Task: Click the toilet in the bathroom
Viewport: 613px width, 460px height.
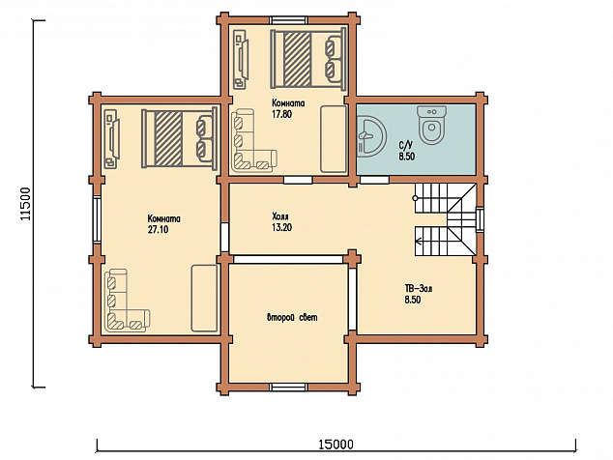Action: click(431, 125)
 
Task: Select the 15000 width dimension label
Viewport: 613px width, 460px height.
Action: click(336, 445)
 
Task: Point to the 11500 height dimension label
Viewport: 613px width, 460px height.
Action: click(25, 203)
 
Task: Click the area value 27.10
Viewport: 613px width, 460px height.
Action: click(158, 229)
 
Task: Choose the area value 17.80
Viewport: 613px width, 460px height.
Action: click(282, 114)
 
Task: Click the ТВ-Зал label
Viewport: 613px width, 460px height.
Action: click(419, 289)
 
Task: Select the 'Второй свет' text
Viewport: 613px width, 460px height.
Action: click(292, 317)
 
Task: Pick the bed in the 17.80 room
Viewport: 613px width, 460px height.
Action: click(308, 59)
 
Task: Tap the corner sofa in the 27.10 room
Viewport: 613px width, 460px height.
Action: click(128, 301)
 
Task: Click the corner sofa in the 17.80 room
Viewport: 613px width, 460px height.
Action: click(254, 140)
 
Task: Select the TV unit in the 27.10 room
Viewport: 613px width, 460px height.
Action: click(112, 139)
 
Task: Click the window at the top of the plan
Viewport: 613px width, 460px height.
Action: click(289, 20)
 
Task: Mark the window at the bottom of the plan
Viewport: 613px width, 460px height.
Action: click(289, 388)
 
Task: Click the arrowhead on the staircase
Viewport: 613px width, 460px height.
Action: click(418, 242)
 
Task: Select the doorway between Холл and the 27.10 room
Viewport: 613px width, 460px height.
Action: click(224, 238)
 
